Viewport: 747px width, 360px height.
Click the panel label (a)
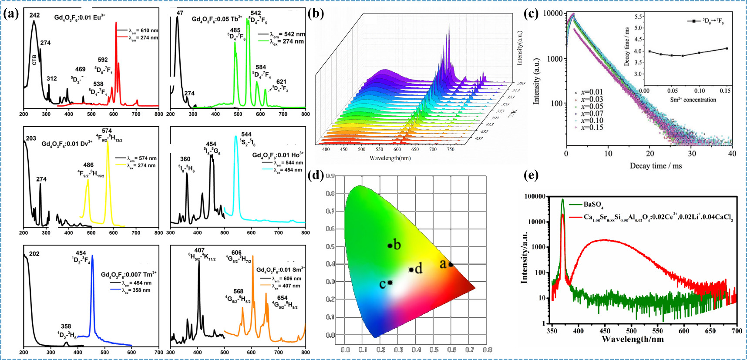click(10, 14)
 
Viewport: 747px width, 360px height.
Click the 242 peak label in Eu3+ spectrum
click(34, 15)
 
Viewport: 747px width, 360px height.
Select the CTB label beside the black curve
click(34, 60)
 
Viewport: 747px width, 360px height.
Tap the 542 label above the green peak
click(256, 13)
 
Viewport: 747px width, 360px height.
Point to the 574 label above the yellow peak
click(107, 131)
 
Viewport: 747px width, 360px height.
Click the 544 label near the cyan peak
click(246, 134)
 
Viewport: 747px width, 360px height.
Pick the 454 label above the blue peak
click(81, 253)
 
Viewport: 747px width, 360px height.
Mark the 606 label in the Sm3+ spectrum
click(236, 252)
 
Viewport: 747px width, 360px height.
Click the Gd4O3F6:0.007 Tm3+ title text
click(128, 274)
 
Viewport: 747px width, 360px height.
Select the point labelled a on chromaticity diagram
click(451, 264)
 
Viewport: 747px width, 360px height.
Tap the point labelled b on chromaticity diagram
click(390, 246)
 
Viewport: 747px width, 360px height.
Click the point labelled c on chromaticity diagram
click(390, 283)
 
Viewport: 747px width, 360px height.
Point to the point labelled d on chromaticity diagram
click(411, 270)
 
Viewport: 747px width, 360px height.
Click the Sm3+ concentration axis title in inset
click(693, 100)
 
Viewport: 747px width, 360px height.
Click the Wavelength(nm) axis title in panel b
click(390, 158)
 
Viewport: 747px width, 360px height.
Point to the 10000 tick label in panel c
click(553, 13)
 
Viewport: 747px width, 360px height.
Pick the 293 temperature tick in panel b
click(521, 83)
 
